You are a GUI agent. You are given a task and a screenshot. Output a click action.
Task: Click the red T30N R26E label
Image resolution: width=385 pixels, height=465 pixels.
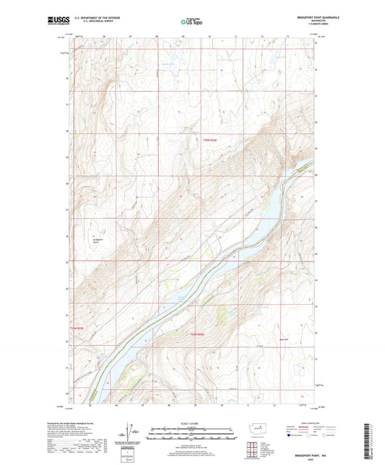coord(209,140)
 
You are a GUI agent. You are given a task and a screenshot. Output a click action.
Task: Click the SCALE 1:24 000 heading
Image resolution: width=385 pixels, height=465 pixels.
coord(192,422)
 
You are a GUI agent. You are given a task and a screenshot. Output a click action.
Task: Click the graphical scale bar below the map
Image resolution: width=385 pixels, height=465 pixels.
coord(192,436)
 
